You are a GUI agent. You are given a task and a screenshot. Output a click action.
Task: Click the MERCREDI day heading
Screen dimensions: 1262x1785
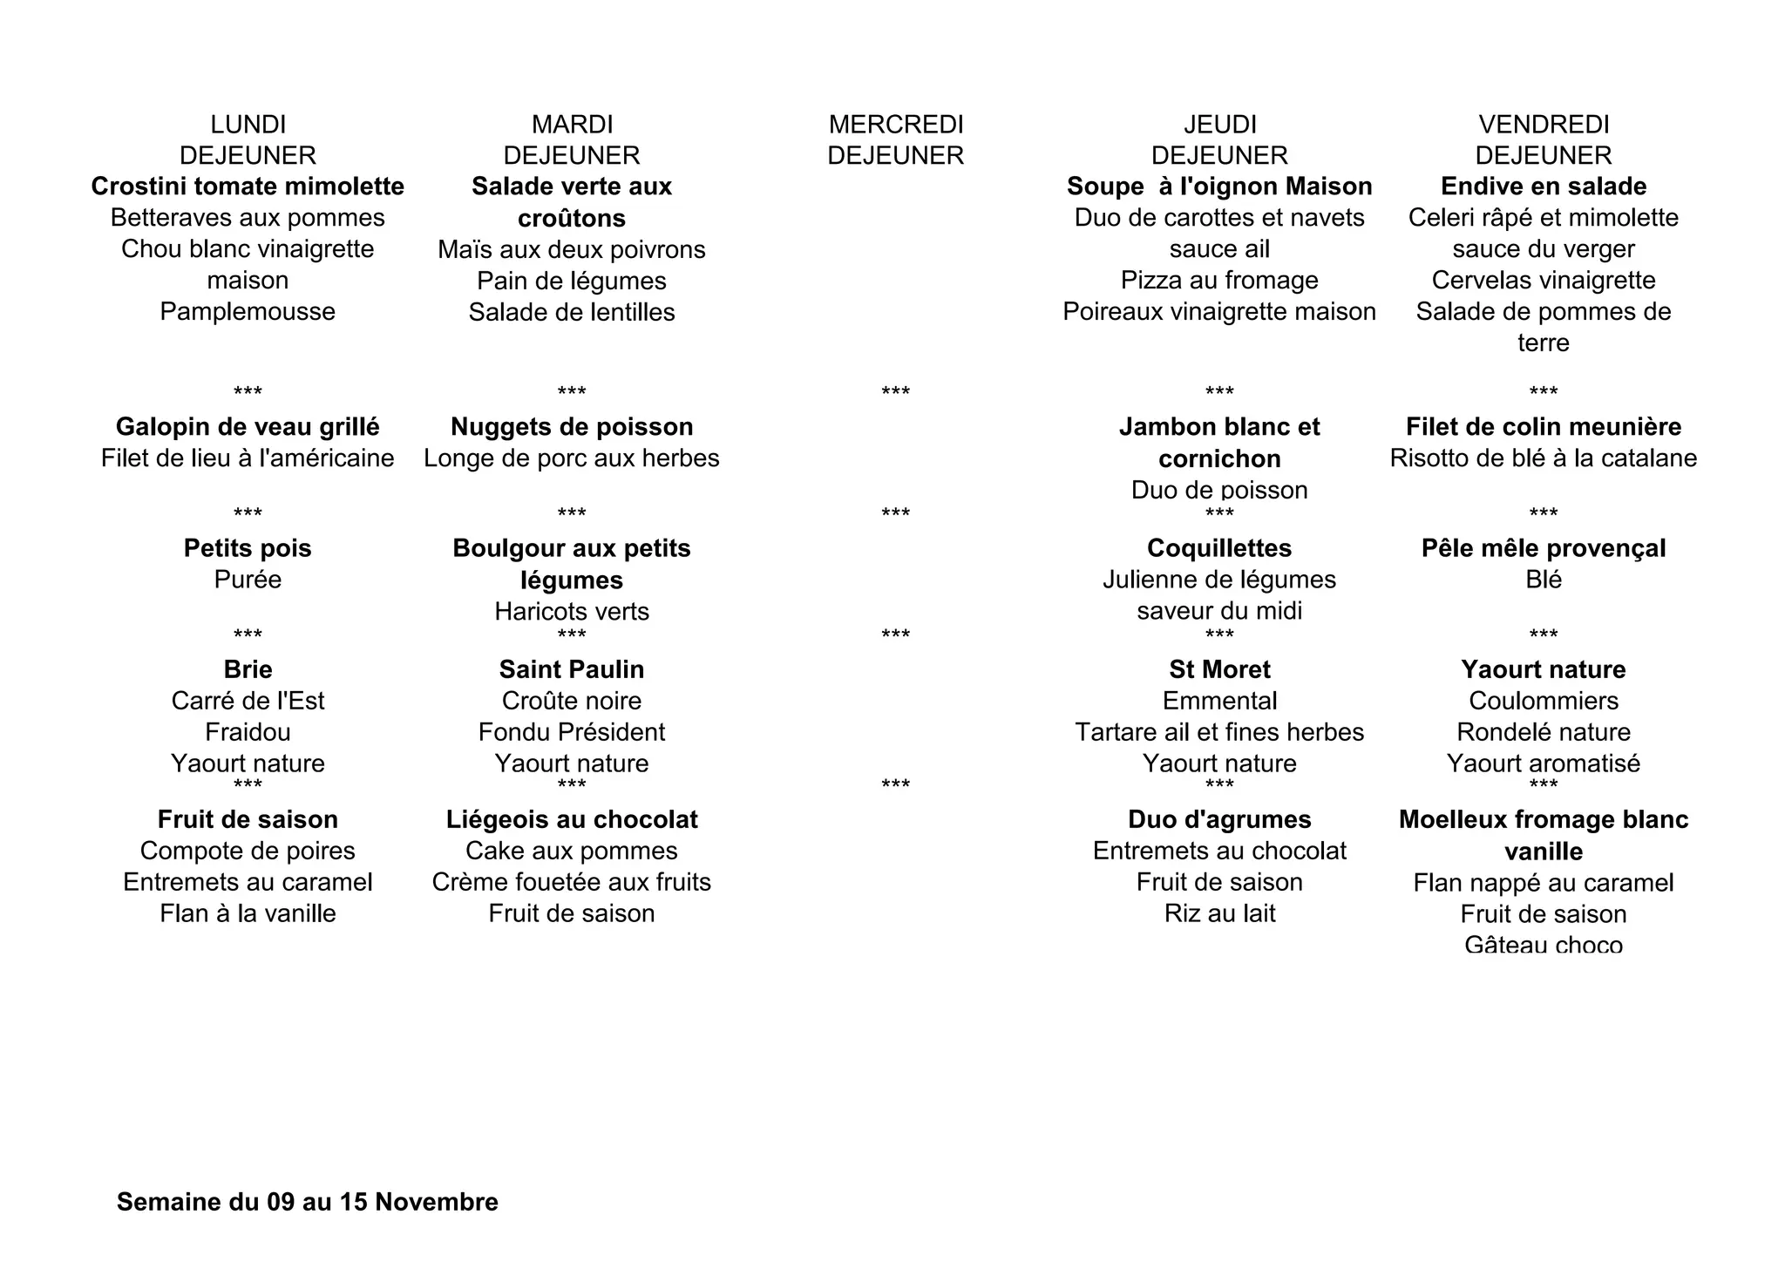tap(896, 125)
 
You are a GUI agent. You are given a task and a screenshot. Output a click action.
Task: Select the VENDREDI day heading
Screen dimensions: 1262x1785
tap(1544, 125)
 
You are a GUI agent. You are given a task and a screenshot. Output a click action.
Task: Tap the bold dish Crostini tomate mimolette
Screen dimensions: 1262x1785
tap(248, 187)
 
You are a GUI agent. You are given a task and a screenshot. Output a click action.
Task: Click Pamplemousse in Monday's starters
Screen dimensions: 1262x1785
tap(248, 312)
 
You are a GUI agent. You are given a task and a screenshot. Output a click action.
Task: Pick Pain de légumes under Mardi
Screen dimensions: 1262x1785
tap(572, 281)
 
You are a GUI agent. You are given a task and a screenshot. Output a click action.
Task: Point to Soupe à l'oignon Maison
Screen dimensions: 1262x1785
tap(1219, 187)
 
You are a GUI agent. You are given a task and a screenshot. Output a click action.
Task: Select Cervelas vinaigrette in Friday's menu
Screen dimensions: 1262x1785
tap(1544, 281)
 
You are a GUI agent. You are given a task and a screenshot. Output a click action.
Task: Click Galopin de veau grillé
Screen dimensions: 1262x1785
tap(248, 427)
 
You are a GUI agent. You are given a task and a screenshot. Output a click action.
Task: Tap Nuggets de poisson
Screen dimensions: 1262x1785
tap(572, 427)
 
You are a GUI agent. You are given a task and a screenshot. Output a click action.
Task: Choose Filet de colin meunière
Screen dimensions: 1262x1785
tap(1544, 427)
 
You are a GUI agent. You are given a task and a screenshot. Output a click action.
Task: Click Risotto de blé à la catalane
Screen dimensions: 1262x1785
tap(1544, 458)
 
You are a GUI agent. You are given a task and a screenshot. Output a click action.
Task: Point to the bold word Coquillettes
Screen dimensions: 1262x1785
tap(1219, 548)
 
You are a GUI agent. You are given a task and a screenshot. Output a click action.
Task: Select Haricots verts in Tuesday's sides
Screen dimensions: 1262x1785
tap(572, 612)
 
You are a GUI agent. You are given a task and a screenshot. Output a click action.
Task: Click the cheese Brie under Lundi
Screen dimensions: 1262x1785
tap(248, 669)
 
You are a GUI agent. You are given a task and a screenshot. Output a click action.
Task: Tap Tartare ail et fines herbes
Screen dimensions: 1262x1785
tap(1219, 732)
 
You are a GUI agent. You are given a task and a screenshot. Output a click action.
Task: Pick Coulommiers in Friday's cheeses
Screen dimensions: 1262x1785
tap(1544, 701)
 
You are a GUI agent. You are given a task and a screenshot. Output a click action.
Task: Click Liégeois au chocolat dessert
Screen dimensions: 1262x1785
tap(572, 819)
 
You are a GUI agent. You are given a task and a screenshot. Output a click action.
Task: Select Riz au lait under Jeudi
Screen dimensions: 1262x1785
tap(1219, 913)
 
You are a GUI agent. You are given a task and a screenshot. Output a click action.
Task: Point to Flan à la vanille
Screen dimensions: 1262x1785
tap(248, 913)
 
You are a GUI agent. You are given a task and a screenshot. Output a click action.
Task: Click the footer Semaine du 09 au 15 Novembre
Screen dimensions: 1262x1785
tap(308, 1203)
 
